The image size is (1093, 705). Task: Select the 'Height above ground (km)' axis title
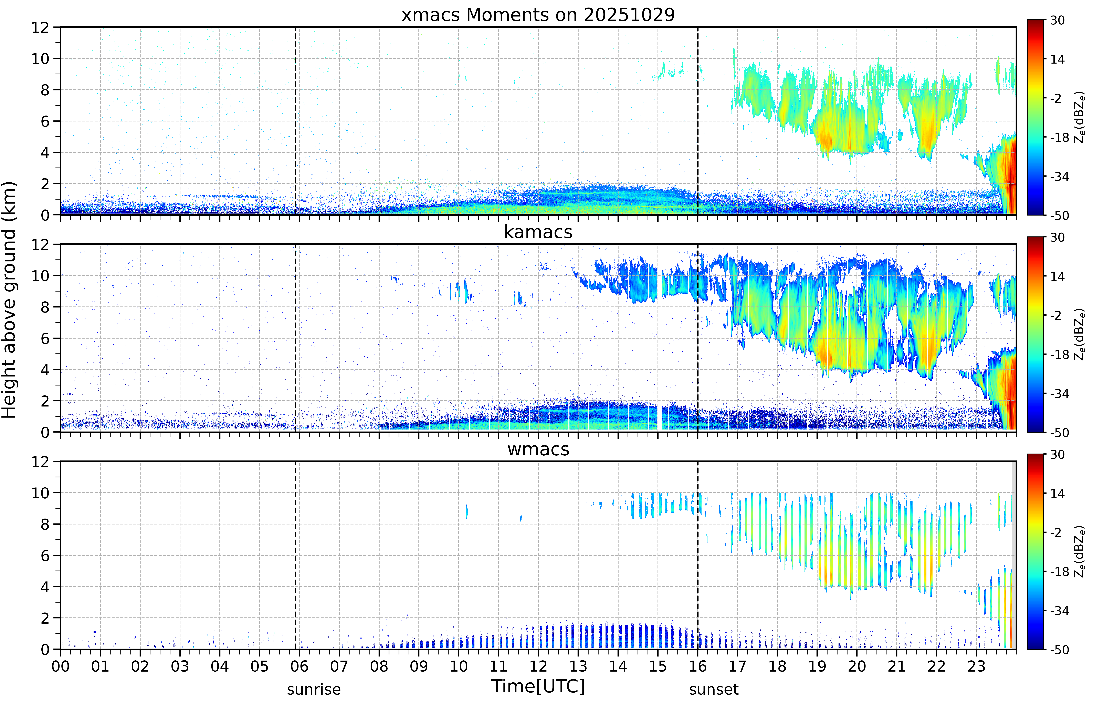[x=9, y=300]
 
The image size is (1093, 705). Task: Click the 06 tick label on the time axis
[x=299, y=666]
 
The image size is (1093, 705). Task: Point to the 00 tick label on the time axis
[x=60, y=666]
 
